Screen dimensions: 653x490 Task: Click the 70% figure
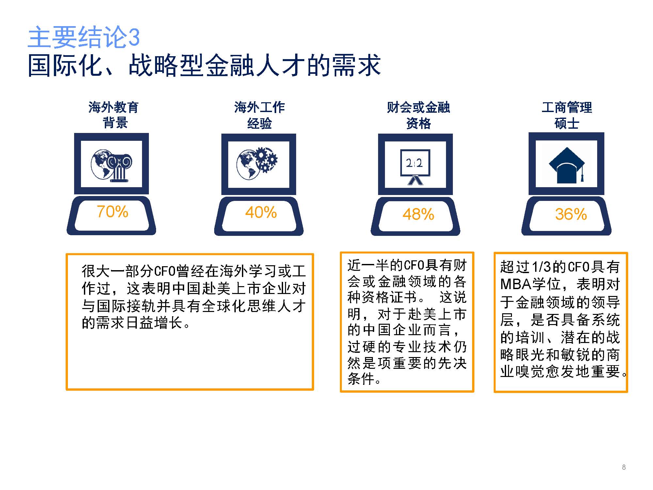[112, 212]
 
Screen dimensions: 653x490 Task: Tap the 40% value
[261, 212]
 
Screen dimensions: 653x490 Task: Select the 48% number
[418, 214]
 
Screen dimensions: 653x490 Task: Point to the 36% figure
[571, 214]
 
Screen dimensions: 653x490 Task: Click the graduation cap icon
[567, 165]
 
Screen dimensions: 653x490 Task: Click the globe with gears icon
[257, 163]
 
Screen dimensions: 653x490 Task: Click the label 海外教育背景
[114, 115]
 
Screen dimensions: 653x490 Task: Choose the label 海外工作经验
[260, 115]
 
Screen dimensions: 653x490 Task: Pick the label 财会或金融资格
[418, 115]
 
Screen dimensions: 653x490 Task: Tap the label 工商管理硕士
[567, 115]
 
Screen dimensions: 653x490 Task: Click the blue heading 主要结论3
[84, 37]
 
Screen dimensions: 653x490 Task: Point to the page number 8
[624, 467]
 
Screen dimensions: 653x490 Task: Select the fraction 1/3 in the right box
[542, 267]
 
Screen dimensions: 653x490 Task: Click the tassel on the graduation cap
[582, 173]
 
